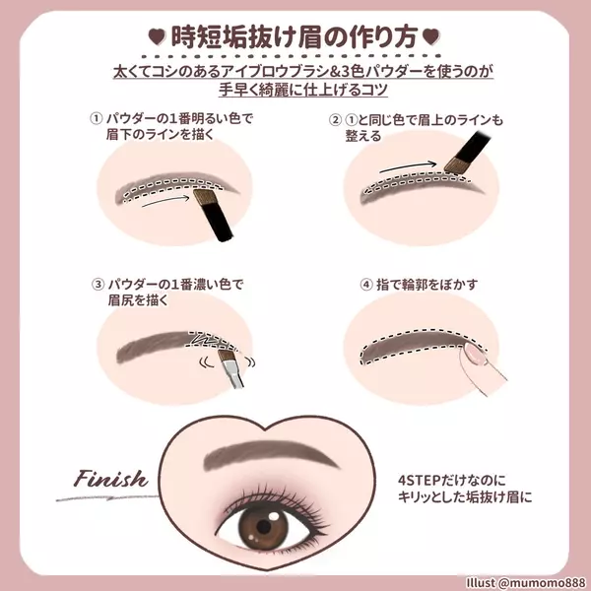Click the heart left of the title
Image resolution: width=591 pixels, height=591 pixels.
click(x=158, y=37)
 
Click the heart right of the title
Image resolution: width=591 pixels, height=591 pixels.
click(x=430, y=37)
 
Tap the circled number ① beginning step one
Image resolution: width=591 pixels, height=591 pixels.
click(x=96, y=118)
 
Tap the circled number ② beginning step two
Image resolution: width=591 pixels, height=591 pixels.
click(x=335, y=120)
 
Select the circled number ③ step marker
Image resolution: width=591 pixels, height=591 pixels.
click(x=98, y=284)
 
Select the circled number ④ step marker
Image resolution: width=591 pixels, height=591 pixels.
click(x=366, y=285)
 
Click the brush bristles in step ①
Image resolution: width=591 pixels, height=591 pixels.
click(x=204, y=197)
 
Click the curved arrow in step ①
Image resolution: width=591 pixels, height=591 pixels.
click(x=165, y=200)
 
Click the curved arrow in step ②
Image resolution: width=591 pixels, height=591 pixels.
click(x=408, y=166)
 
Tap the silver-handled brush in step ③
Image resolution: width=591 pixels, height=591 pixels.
click(x=230, y=368)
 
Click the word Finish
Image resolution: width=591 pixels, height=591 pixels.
click(x=110, y=479)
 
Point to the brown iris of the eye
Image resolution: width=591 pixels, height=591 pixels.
click(x=264, y=526)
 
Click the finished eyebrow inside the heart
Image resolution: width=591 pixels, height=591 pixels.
click(x=270, y=453)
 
